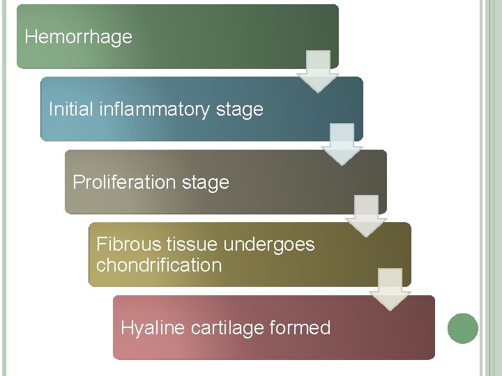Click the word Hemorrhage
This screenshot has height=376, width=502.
(x=78, y=37)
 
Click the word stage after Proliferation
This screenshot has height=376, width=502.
(x=205, y=182)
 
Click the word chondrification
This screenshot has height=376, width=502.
(x=159, y=265)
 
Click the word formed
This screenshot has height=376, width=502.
(x=305, y=327)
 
